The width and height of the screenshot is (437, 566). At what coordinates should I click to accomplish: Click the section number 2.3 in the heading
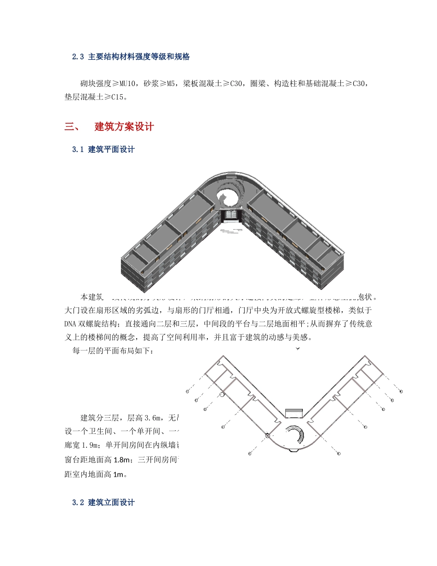click(78, 57)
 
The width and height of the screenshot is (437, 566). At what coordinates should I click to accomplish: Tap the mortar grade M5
click(171, 84)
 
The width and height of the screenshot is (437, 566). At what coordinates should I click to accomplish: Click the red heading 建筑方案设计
click(124, 127)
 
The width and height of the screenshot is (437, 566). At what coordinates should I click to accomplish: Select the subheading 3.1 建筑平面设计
click(103, 150)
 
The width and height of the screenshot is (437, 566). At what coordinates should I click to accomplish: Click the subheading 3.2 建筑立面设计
click(103, 502)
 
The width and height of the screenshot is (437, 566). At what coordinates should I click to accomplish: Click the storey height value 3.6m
click(155, 418)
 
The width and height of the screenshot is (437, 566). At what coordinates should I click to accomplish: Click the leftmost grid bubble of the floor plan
click(188, 391)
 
